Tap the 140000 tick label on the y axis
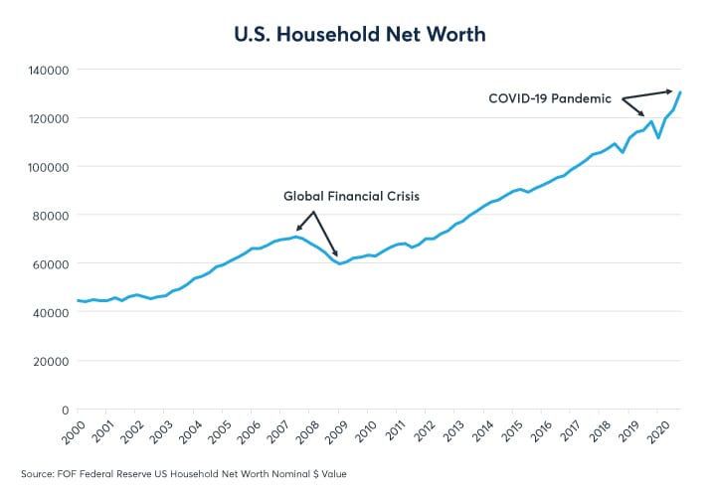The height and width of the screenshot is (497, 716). [x=47, y=71]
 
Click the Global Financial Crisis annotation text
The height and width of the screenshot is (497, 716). [x=352, y=197]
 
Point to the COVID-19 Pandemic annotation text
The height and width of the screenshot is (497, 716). [x=548, y=98]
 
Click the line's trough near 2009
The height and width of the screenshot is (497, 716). [x=340, y=263]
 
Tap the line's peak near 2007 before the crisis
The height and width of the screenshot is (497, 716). [x=295, y=237]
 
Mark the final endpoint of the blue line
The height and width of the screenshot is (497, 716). [x=681, y=92]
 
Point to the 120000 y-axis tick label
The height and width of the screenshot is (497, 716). [x=47, y=119]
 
